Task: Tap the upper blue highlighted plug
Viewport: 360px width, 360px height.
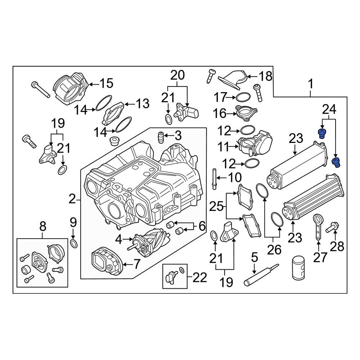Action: pyautogui.click(x=321, y=133)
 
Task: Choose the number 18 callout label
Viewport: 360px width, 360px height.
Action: pyautogui.click(x=266, y=76)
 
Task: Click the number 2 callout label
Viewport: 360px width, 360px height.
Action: pyautogui.click(x=72, y=198)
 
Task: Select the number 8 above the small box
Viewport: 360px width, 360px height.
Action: pyautogui.click(x=42, y=226)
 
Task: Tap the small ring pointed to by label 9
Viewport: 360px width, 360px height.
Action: pyautogui.click(x=73, y=244)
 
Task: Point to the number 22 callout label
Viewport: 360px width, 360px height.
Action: pyautogui.click(x=200, y=277)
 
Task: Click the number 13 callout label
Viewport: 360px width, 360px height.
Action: pyautogui.click(x=142, y=104)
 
